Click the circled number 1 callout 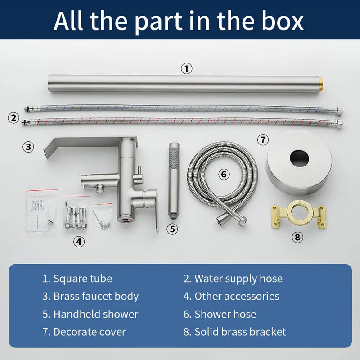tap(186, 68)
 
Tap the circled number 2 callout tap(13, 118)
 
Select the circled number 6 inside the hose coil tap(224, 174)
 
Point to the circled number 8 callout tap(297, 237)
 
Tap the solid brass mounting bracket tap(298, 214)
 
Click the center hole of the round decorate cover tap(299, 158)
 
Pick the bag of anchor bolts tap(76, 213)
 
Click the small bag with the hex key tap(102, 216)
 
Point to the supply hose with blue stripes tap(184, 108)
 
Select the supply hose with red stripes tap(182, 121)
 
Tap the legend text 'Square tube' tap(83, 279)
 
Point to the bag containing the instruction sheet tap(41, 211)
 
